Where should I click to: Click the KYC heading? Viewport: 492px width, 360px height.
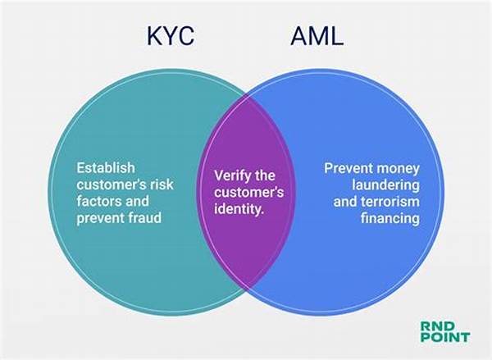point(171,36)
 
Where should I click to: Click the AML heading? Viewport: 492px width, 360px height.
point(317,36)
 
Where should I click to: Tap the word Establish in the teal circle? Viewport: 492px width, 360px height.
point(106,168)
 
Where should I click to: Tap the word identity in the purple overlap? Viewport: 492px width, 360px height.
point(239,209)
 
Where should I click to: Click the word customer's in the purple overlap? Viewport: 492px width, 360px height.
point(248,193)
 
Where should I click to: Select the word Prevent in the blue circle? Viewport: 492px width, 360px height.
point(348,168)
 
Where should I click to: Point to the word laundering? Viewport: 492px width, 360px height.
point(385,185)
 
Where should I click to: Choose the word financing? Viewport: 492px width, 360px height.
point(390,218)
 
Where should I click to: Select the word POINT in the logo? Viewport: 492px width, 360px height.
point(445,337)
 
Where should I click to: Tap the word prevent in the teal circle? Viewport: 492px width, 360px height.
point(96,218)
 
